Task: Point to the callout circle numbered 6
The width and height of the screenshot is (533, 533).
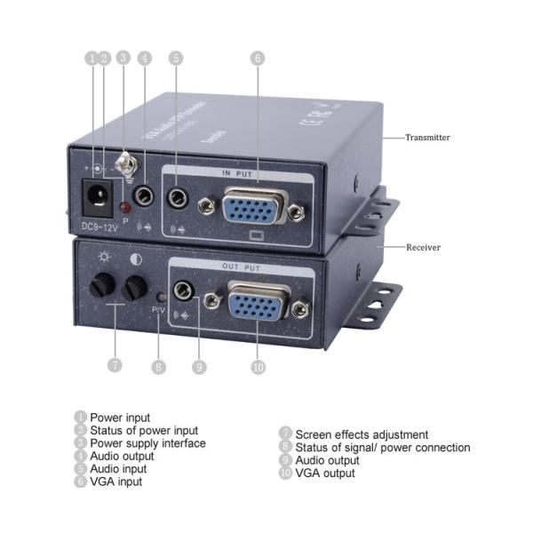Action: tap(258, 58)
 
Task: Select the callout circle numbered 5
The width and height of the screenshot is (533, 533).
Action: tap(176, 58)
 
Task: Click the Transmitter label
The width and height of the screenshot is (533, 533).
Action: tap(427, 138)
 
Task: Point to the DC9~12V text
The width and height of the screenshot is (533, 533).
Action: tap(99, 226)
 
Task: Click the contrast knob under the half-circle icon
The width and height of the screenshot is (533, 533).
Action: tap(135, 287)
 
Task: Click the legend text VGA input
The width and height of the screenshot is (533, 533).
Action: tap(115, 481)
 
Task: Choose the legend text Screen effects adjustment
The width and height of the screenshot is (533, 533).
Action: tap(362, 434)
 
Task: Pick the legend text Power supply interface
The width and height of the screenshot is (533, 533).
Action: tap(147, 442)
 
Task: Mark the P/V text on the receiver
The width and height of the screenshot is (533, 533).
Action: tap(159, 309)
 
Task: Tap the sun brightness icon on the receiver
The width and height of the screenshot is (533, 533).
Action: tap(105, 259)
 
